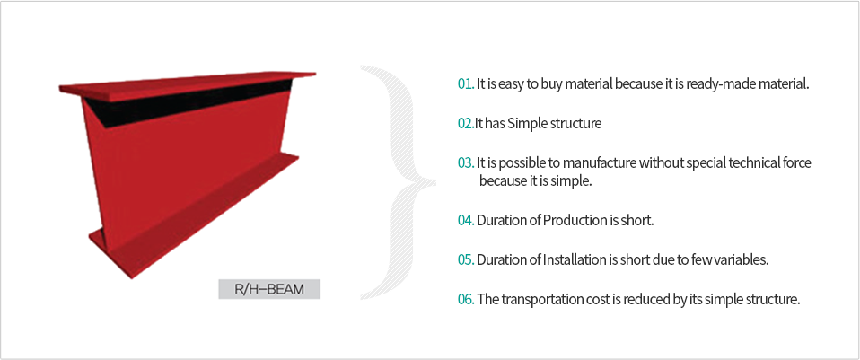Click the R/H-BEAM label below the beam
269,289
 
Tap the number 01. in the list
466,84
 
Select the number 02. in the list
466,124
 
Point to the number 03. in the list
466,163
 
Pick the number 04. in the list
466,221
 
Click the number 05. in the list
466,260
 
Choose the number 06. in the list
466,300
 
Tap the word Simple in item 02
525,124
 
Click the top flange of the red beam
188,86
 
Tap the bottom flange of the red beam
192,220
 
